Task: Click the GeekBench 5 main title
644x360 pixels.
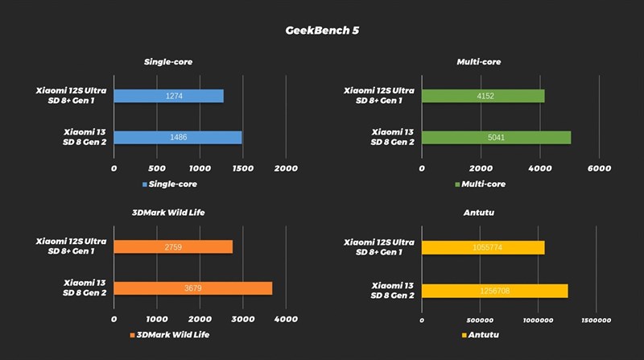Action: (x=322, y=31)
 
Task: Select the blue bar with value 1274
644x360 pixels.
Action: (x=168, y=97)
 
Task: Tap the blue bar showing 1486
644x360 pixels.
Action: (x=177, y=138)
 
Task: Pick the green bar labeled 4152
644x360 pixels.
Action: (x=483, y=97)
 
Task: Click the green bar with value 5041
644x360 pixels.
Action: (x=496, y=138)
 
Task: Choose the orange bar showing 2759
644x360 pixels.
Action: (x=173, y=246)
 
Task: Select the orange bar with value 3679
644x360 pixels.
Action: (x=193, y=288)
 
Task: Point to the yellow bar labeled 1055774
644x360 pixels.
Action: (x=483, y=247)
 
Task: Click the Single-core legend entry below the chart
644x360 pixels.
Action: (x=170, y=184)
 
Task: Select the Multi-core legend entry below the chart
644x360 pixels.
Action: (x=481, y=184)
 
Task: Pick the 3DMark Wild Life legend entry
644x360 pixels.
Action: (x=170, y=334)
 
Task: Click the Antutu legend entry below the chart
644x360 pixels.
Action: (x=481, y=334)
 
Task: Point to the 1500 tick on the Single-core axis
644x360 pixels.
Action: (x=242, y=168)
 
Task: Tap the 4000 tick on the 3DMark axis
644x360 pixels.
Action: (x=285, y=320)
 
